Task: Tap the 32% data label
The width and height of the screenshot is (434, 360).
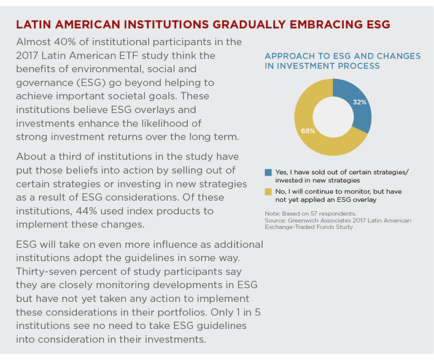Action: (x=360, y=102)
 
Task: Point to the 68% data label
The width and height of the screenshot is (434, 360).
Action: (x=308, y=131)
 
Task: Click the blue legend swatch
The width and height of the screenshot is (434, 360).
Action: (x=268, y=172)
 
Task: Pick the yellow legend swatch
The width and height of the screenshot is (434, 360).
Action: (x=268, y=191)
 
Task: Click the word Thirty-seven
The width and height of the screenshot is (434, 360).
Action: (x=45, y=272)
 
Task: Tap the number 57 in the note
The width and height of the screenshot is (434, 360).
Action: (x=314, y=213)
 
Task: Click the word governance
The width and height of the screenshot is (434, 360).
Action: (x=42, y=83)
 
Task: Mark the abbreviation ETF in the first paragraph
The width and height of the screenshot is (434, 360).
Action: (x=129, y=56)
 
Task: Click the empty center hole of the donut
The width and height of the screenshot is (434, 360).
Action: (x=333, y=117)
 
